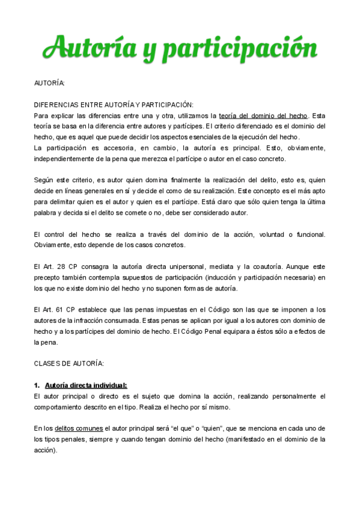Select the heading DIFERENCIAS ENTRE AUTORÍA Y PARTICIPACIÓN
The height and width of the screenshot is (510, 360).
[114, 105]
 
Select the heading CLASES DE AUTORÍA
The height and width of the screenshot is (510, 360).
[69, 363]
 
